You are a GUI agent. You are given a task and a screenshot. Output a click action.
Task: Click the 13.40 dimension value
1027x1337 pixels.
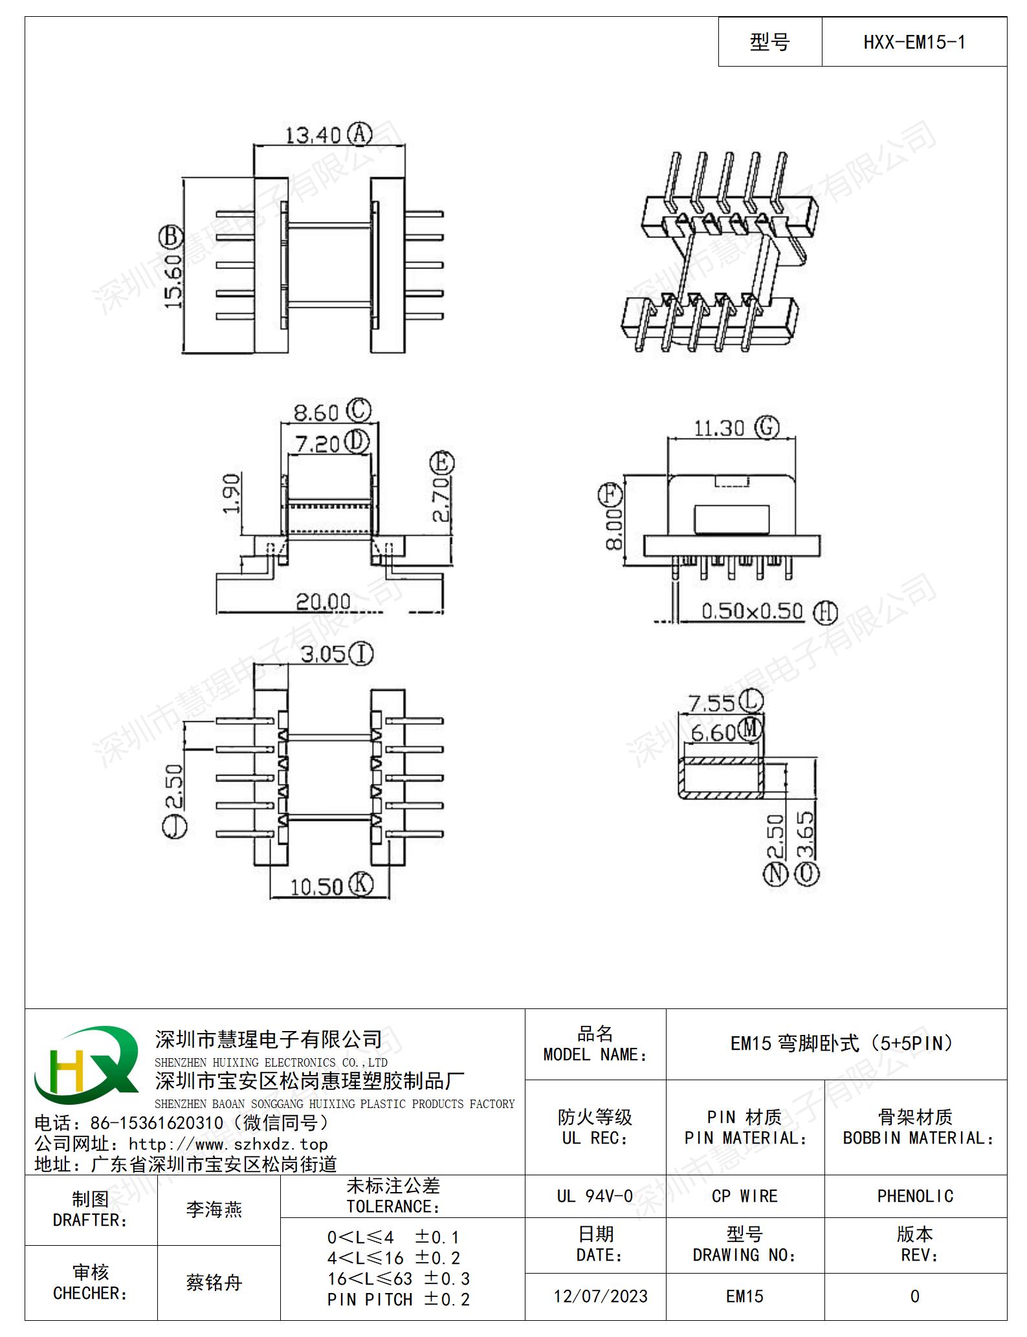tap(313, 135)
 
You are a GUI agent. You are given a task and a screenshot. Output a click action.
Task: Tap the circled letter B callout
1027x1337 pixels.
tap(171, 237)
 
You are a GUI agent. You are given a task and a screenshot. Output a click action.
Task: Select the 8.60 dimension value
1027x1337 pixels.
tap(316, 413)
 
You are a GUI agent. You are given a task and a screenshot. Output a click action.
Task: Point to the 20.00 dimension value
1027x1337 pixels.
tap(323, 602)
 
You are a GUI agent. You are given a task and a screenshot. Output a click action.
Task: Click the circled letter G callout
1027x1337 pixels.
tap(767, 427)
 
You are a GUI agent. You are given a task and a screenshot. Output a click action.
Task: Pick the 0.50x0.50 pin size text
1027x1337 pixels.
tap(752, 611)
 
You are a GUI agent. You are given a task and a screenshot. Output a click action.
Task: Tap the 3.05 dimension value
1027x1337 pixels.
tap(324, 654)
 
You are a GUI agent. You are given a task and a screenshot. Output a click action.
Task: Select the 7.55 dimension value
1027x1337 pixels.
tap(711, 703)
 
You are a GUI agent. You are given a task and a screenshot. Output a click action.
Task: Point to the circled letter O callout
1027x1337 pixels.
tap(807, 874)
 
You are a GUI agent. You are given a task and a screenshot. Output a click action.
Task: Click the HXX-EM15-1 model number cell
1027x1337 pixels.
tap(914, 42)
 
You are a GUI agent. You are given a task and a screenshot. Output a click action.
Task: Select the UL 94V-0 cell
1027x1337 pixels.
tap(595, 1196)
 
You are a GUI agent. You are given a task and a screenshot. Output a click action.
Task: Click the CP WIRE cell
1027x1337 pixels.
tap(745, 1196)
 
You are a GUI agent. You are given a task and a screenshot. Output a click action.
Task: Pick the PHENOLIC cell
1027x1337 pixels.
tap(915, 1196)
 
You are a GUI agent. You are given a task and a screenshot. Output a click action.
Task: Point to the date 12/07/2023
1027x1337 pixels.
tap(601, 1296)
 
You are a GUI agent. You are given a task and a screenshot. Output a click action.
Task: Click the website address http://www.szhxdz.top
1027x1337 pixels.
tap(228, 1144)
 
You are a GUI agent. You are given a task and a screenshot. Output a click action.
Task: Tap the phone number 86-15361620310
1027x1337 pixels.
tap(157, 1123)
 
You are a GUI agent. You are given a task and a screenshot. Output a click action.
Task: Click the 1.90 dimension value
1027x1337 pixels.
tap(231, 493)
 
